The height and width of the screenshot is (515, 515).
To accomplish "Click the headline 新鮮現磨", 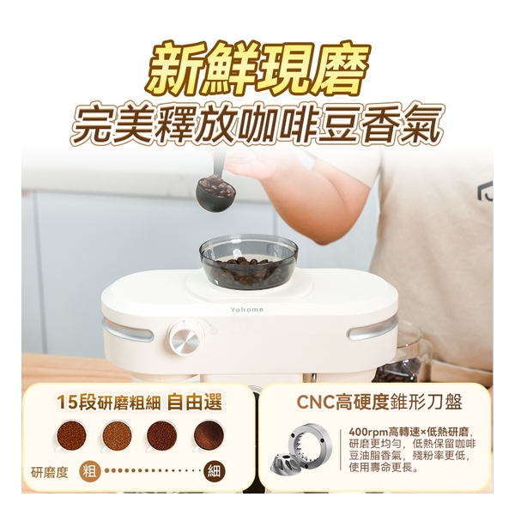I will point(257,68).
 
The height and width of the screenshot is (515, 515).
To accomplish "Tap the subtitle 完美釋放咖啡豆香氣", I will point(257,125).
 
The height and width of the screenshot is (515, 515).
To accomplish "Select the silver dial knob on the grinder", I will point(184,338).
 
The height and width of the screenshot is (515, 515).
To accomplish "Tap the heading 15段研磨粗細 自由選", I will point(139,401).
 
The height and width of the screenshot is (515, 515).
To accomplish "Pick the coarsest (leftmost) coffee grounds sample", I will point(72,436).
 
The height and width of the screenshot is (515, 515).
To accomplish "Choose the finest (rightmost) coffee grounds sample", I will point(208,436).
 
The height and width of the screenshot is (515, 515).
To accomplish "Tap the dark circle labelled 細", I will point(214,470).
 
